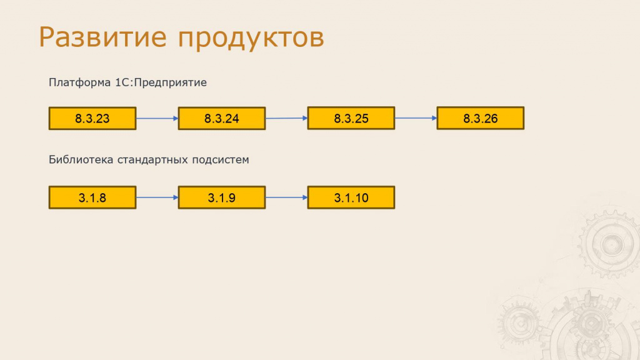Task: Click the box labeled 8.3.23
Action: tap(92, 118)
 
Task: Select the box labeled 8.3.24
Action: tap(222, 118)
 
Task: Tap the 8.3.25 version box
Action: tap(351, 118)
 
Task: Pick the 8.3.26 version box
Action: tap(481, 118)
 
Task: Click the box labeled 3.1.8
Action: tap(92, 197)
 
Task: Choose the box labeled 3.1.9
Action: tap(222, 197)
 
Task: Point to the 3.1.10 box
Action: tap(351, 197)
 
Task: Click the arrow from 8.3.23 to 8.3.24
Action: tap(157, 118)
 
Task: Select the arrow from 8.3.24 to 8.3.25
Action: tap(286, 118)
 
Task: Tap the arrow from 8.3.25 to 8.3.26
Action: tap(416, 118)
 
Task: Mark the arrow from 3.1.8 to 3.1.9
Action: tap(157, 197)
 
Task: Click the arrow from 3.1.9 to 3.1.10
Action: tap(286, 197)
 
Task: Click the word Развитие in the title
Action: tap(103, 37)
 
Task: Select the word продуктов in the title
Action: tap(251, 39)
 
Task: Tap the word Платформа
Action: tap(79, 83)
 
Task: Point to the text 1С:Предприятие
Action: tap(161, 83)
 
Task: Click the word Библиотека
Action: tap(81, 159)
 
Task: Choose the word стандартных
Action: tap(152, 160)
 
